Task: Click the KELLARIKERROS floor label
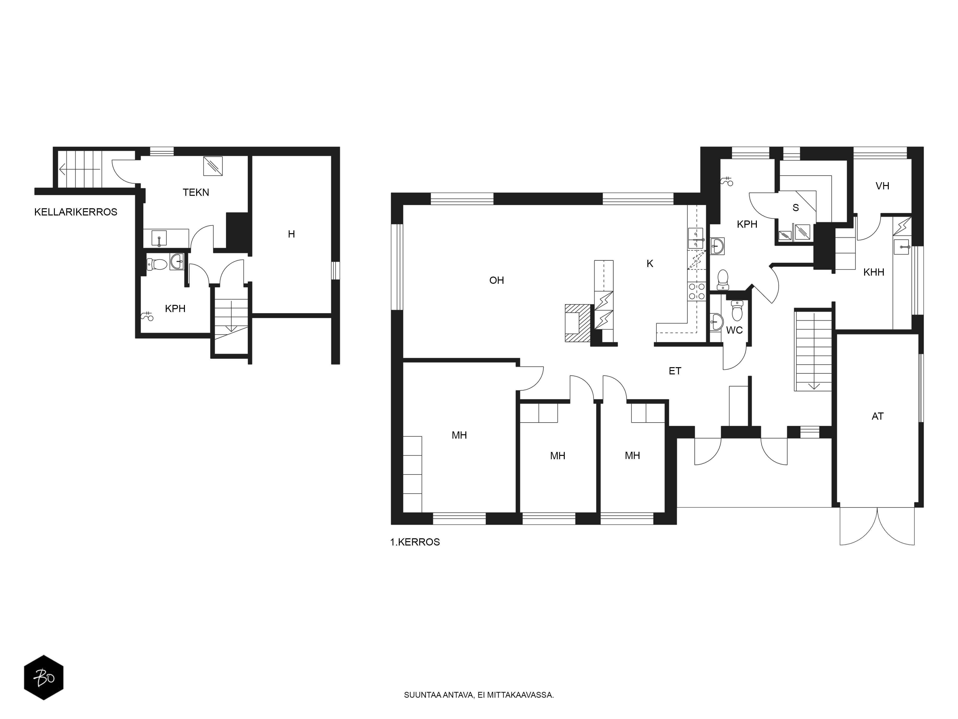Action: (76, 212)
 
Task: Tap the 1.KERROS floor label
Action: (415, 542)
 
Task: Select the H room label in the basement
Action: (291, 234)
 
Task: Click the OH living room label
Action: (497, 280)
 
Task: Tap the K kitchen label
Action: (650, 263)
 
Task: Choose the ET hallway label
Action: (675, 371)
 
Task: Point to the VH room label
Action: (882, 186)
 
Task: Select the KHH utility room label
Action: (873, 272)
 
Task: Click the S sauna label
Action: (796, 208)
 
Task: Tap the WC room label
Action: (734, 330)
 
